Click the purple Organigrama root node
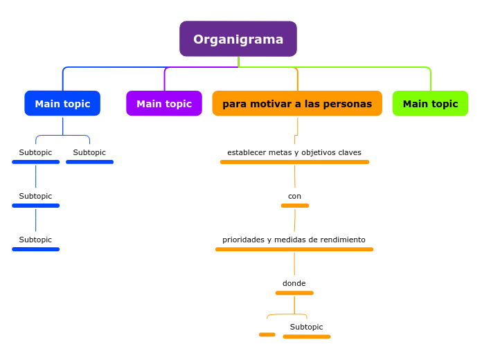238,39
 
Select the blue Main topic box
62,104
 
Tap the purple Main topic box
164,104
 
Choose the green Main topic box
430,104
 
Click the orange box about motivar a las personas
297,104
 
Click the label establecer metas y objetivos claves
294,152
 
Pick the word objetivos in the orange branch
312,152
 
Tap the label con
294,196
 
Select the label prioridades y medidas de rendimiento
294,240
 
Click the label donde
294,283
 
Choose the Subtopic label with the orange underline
306,327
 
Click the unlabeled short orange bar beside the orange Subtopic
267,334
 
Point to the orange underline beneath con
295,206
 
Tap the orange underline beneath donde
294,293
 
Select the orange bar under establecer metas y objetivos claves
294,162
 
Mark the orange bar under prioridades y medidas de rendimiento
294,249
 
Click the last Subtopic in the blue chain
35,240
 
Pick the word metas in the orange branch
274,152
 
